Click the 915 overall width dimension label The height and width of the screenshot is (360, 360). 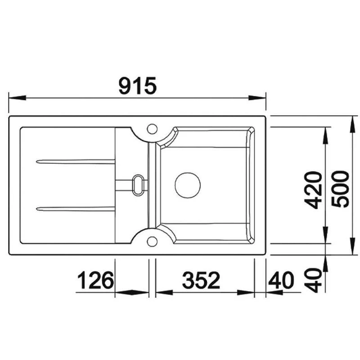point(138,85)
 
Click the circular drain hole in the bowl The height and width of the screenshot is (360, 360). point(187,184)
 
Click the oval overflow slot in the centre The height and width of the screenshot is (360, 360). point(138,184)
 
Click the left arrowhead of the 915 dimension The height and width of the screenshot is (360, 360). point(16,97)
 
